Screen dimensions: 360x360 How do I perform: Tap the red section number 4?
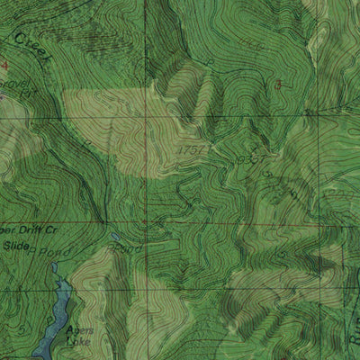point(4,66)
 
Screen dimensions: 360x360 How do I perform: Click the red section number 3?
point(279,85)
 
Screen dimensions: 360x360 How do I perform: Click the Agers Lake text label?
point(78,336)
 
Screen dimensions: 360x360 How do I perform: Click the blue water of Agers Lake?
point(54,315)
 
